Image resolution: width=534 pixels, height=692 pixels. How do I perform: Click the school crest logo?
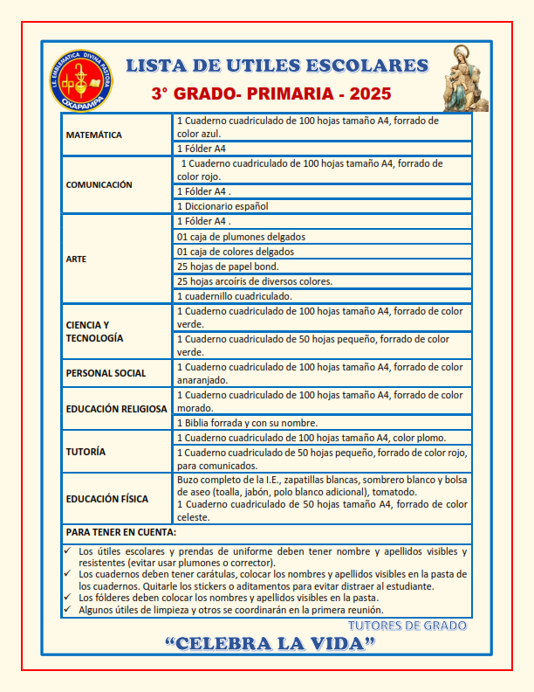[81, 80]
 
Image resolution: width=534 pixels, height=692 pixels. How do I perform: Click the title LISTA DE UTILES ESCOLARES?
[277, 66]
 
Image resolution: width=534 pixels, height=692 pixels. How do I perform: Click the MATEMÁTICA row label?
[94, 135]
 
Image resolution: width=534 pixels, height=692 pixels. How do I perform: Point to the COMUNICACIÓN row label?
[99, 184]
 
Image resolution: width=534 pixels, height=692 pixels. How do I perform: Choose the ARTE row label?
[76, 259]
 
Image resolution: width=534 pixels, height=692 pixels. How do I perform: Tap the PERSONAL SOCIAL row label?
[106, 373]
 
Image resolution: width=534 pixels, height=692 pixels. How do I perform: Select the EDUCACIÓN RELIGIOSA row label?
[116, 408]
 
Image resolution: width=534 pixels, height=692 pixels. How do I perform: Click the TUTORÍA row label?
[86, 452]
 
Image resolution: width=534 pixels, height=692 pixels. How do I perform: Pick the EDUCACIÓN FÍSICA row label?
[107, 499]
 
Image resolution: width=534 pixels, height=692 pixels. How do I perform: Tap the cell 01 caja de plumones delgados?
[241, 236]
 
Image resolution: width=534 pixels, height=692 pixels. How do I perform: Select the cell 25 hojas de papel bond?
[229, 266]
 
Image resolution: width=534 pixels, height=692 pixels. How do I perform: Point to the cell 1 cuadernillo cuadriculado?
[234, 296]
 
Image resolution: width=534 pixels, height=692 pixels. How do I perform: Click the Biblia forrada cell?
[247, 423]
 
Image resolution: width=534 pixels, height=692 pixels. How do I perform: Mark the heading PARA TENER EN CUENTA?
[121, 531]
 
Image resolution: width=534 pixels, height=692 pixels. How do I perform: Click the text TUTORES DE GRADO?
[407, 626]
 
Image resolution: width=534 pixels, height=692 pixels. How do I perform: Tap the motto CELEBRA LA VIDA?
[270, 645]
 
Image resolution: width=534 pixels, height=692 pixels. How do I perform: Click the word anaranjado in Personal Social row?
[202, 380]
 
